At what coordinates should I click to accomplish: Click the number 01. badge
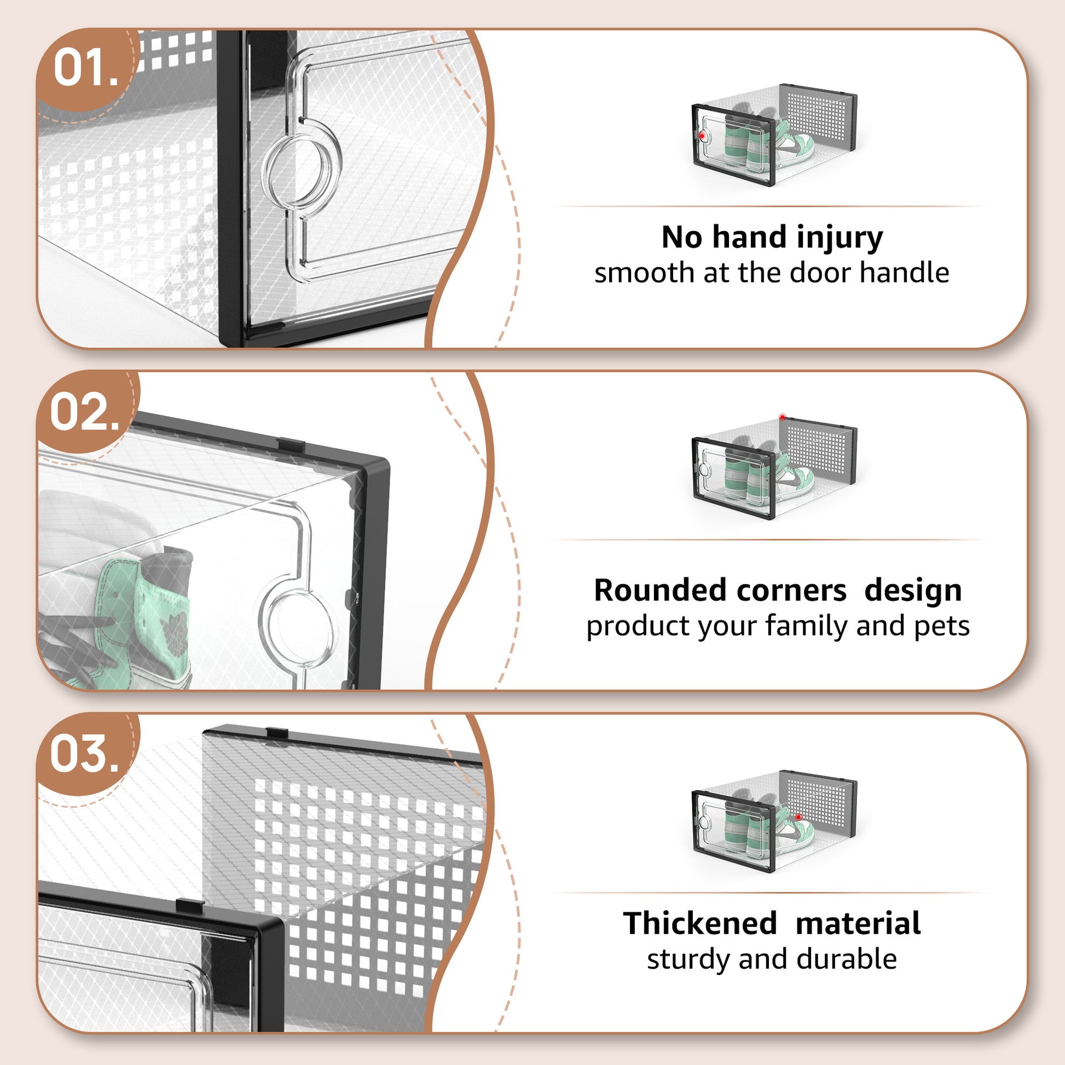(x=86, y=68)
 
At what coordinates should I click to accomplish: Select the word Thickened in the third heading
(x=699, y=924)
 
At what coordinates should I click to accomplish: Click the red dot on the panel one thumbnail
(x=702, y=135)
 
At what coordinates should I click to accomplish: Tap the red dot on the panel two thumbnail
(x=782, y=417)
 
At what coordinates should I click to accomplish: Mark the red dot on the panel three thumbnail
(x=797, y=817)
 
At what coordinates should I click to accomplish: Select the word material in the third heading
(x=858, y=924)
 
